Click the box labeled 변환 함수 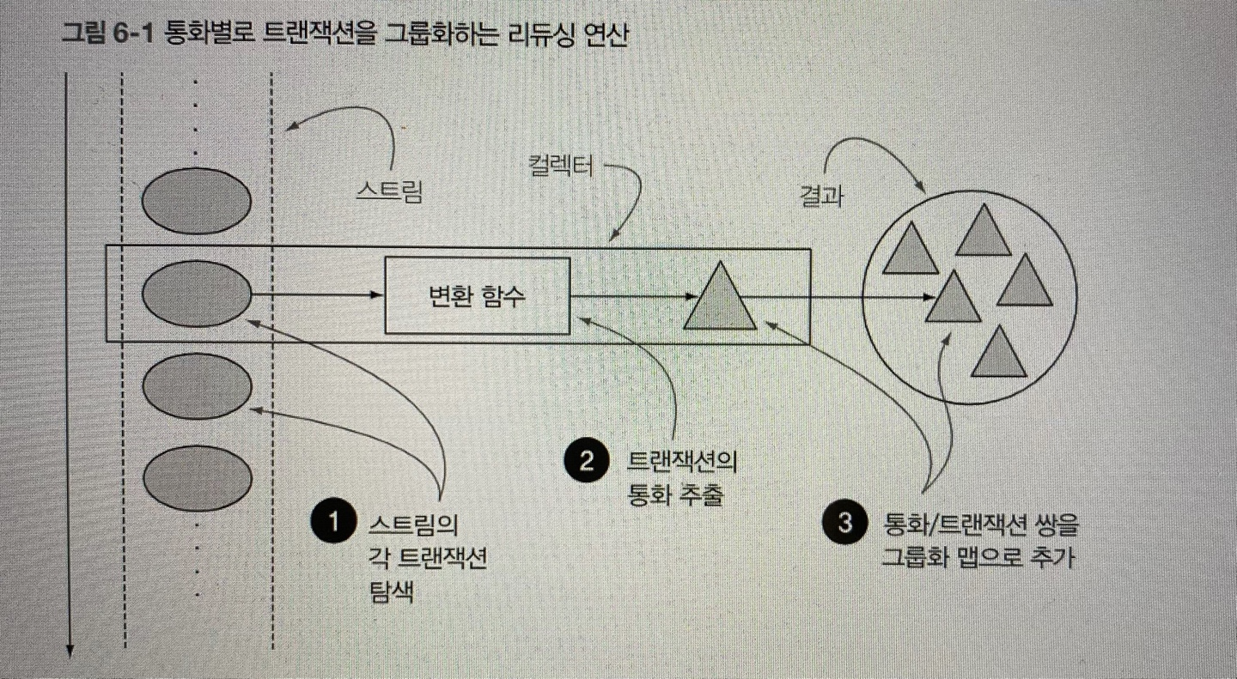tap(477, 294)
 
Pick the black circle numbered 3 tap(845, 522)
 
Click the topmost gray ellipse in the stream tap(197, 202)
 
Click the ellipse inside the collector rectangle tap(197, 295)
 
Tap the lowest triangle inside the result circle tap(998, 355)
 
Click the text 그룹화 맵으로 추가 tap(978, 557)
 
